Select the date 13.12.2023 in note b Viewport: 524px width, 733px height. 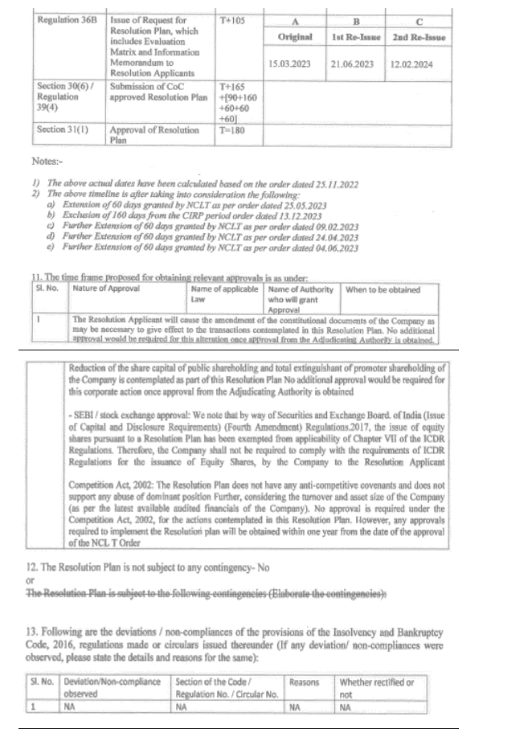pyautogui.click(x=297, y=216)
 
